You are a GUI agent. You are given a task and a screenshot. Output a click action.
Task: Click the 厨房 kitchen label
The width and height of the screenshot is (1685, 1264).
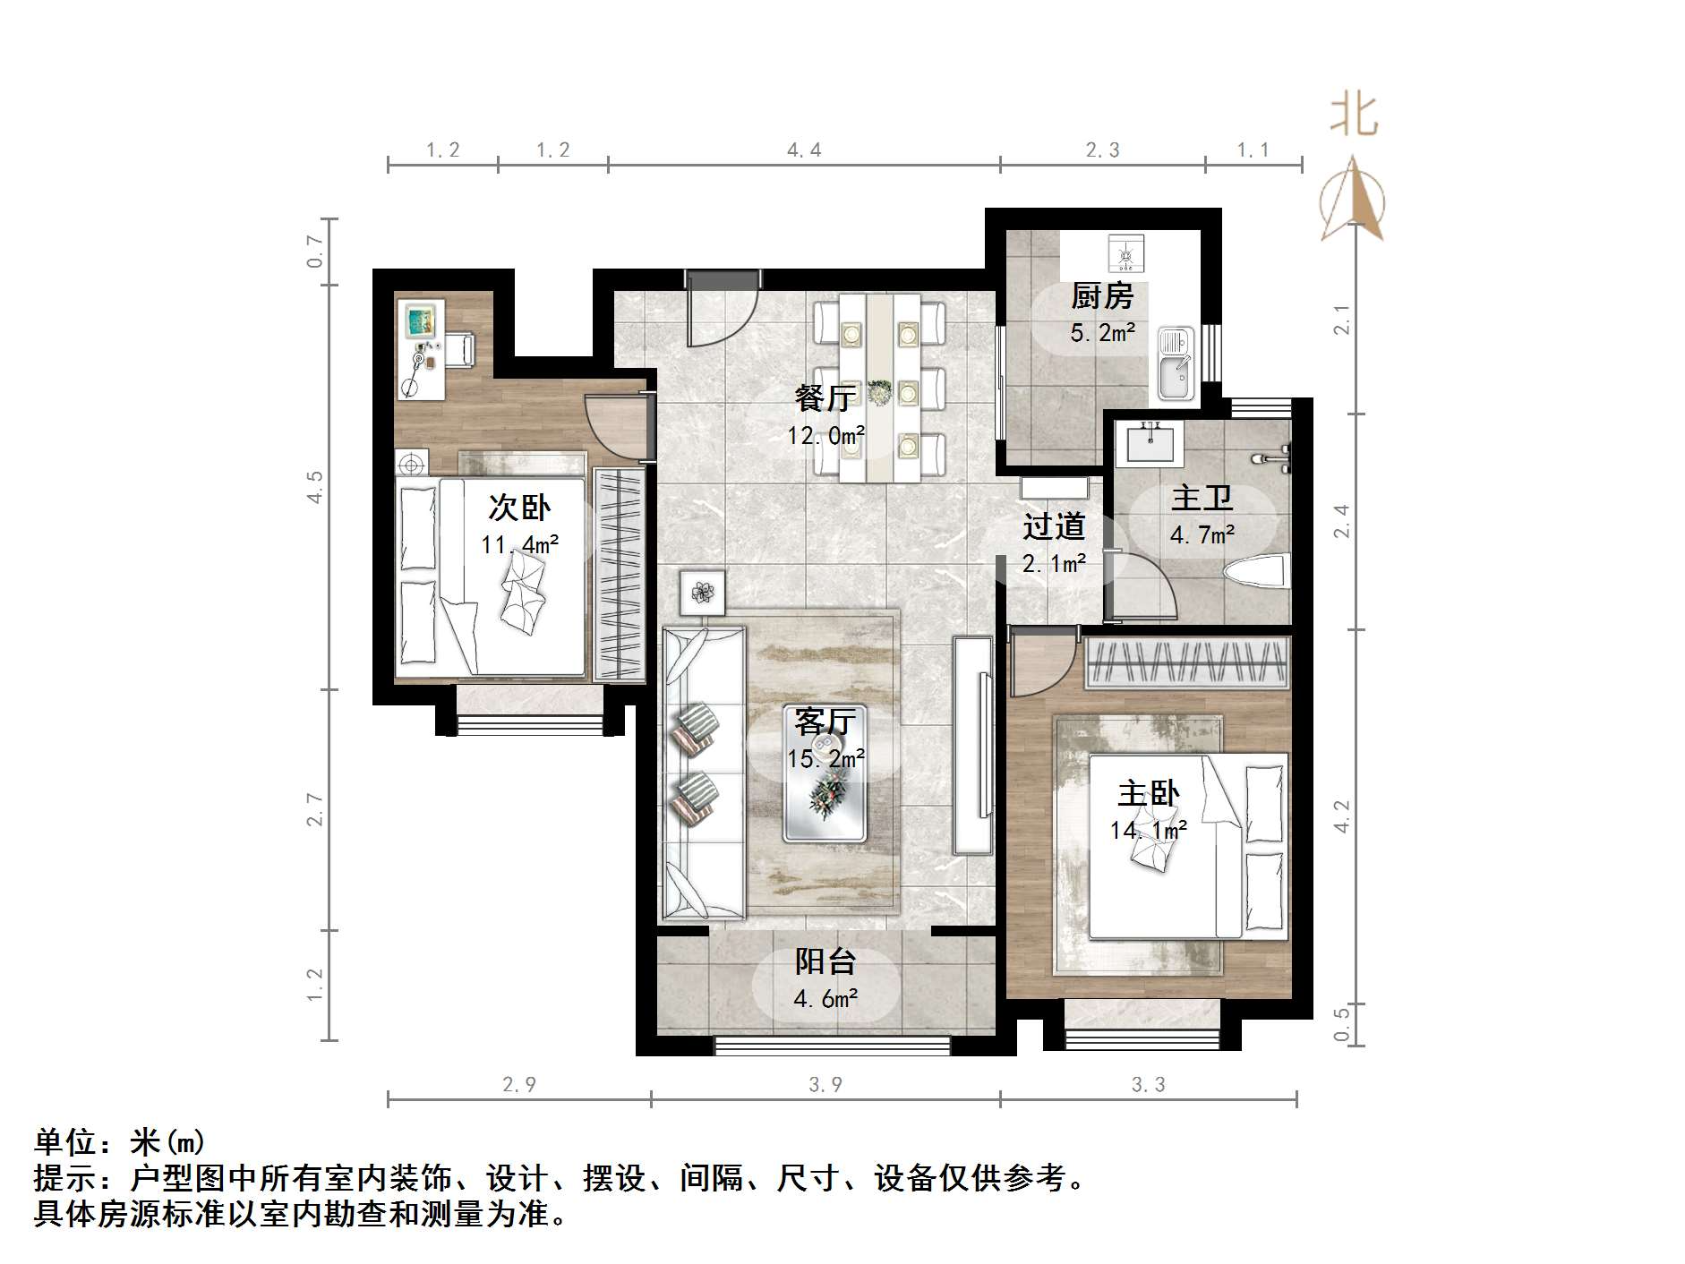coord(1102,295)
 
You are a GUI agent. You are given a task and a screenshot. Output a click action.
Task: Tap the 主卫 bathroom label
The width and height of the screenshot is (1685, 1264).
coord(1202,498)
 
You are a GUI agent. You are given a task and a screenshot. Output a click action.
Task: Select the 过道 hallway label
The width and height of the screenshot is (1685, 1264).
coord(1054,526)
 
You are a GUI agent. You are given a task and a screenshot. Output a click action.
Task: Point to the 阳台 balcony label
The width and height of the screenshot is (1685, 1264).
coord(825,961)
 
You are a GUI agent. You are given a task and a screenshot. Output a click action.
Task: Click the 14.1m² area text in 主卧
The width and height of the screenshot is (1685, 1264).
coord(1149,830)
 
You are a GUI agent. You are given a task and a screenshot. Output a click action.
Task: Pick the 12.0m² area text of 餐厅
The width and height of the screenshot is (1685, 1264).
coord(825,436)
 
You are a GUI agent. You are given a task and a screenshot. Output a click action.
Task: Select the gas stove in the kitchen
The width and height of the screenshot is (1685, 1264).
coord(1126,252)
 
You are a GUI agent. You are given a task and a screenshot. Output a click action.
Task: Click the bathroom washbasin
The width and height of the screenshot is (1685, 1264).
coord(1150,442)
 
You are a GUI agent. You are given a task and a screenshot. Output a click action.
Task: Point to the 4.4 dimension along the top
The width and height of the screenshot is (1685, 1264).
coord(804,150)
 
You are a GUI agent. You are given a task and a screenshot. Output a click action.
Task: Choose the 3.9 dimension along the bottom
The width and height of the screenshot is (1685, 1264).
coord(825,1085)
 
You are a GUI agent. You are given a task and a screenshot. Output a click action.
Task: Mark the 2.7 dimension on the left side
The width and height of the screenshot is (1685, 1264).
coord(314,809)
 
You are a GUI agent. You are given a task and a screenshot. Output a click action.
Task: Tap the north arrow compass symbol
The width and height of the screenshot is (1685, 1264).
coord(1353,200)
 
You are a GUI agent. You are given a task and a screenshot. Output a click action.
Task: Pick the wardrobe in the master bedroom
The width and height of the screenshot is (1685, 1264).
coord(1187,663)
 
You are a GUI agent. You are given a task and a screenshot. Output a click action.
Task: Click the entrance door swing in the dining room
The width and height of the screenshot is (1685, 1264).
coord(722,310)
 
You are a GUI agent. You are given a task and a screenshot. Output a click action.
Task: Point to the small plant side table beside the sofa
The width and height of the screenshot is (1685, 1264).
coord(702,592)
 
